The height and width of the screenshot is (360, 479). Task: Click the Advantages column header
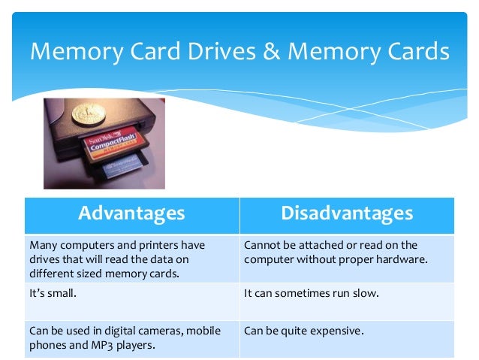(131, 213)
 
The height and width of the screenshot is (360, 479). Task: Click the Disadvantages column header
(347, 213)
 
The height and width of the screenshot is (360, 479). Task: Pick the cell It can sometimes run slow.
(312, 293)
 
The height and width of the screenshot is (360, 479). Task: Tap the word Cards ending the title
(415, 52)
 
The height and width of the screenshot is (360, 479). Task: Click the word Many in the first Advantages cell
(43, 246)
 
